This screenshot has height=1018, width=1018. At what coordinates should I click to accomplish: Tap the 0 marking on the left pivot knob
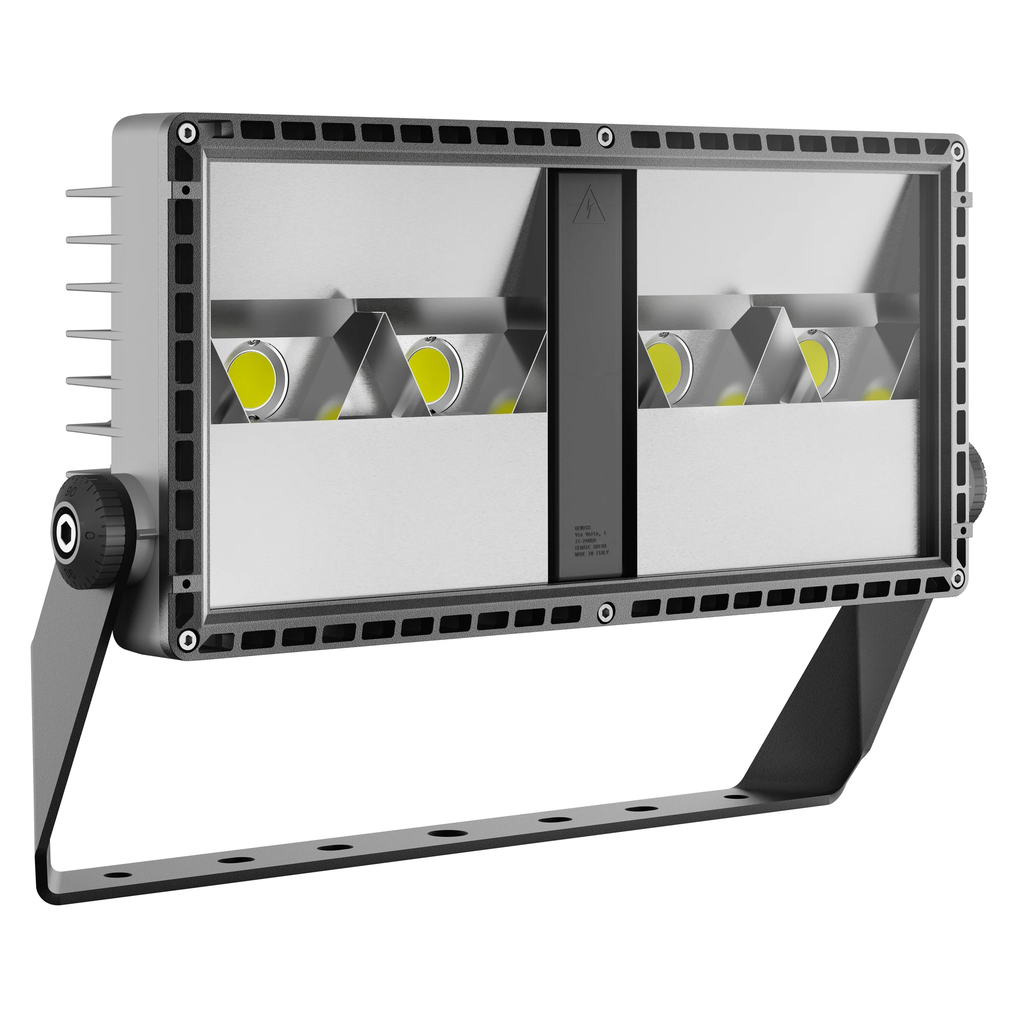tap(90, 535)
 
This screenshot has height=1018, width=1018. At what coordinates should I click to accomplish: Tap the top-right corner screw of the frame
tap(957, 152)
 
